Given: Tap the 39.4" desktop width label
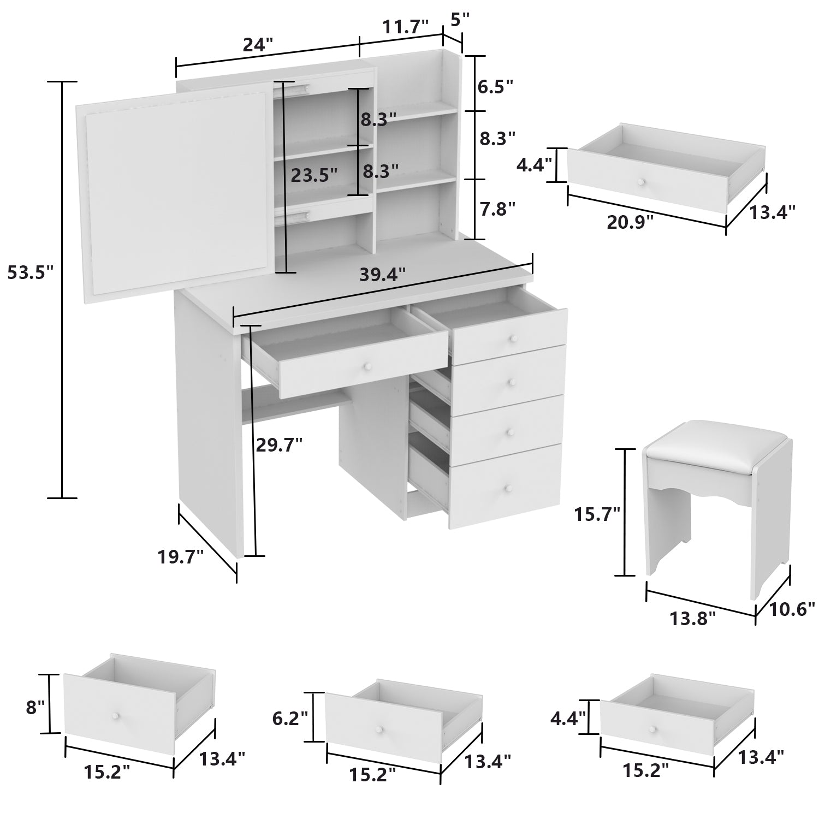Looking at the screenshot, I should click(383, 274).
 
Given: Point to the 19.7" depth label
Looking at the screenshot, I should click(180, 557).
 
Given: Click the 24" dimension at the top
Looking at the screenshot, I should click(258, 45).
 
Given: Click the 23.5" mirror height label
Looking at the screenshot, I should click(314, 175).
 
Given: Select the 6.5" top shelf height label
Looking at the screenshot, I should click(495, 86).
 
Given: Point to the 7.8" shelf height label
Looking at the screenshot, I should click(497, 209).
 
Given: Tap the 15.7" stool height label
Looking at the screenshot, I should click(597, 514).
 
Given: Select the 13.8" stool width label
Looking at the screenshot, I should click(693, 619).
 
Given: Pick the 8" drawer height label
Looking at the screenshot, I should click(35, 707).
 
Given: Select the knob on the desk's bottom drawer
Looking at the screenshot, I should click(507, 488).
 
